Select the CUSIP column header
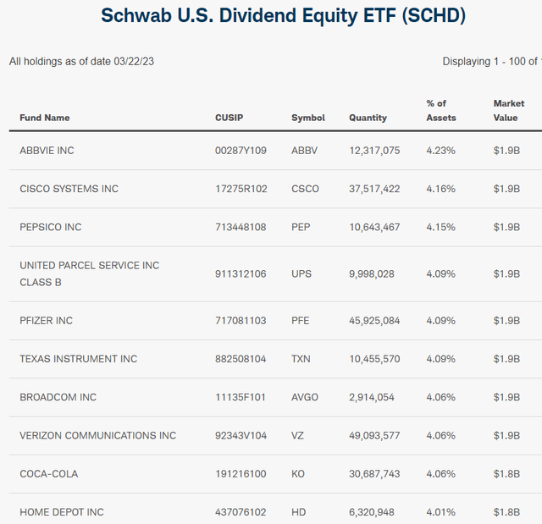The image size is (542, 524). point(229,118)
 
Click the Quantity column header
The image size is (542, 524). point(368,118)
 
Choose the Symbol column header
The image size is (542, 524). point(307,118)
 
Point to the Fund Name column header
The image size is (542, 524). point(45,118)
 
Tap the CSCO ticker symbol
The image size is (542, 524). point(305,189)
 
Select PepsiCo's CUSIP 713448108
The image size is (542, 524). point(241,227)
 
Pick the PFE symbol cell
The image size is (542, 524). point(301,321)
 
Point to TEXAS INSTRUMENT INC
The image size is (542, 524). point(79,359)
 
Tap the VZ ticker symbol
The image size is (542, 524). point(298,435)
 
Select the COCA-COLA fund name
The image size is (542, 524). point(49,474)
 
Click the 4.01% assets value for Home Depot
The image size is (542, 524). point(440,512)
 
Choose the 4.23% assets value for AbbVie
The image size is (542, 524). point(440,151)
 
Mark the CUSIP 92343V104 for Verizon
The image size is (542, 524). point(241,435)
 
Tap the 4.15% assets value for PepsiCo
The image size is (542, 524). point(440,227)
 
